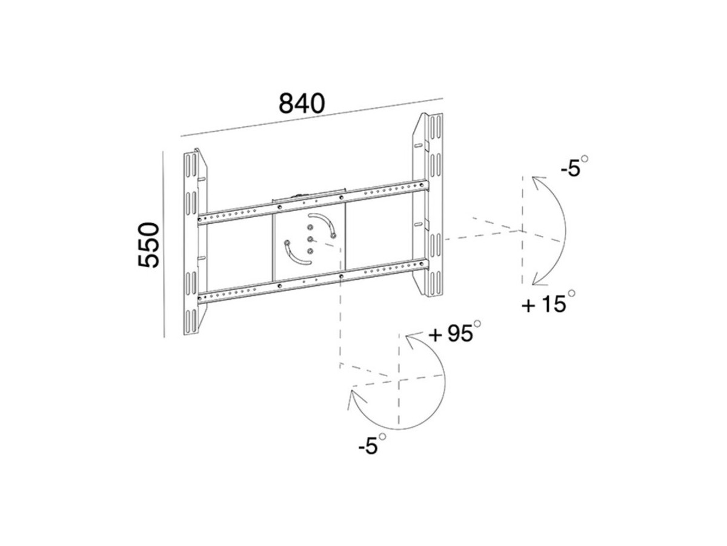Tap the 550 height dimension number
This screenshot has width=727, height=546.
pos(148,245)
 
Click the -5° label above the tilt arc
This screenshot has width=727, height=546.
pos(574,166)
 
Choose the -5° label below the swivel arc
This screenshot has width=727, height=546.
pos(372,444)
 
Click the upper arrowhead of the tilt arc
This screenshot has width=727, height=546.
pos(538,183)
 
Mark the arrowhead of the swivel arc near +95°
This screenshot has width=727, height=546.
pos(412,342)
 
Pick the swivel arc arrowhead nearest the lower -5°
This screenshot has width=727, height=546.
pos(355,398)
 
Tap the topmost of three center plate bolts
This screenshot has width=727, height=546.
pos(310,227)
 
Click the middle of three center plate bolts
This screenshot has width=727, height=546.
pos(310,239)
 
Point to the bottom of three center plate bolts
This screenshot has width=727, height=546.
pos(310,251)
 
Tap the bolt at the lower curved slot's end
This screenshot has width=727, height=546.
pos(287,243)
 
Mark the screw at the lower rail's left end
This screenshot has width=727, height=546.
pos(199,298)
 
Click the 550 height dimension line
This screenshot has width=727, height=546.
pos(164,244)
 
